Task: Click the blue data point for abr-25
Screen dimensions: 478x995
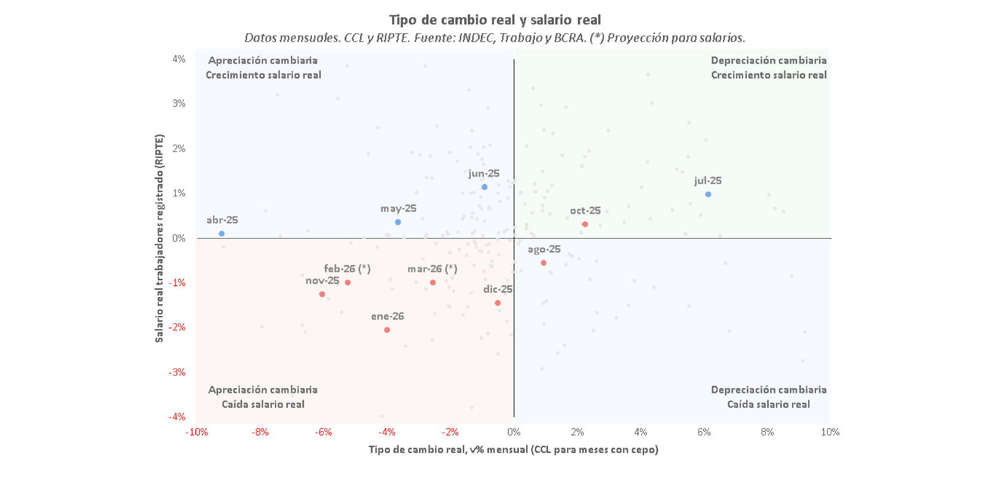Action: (x=221, y=234)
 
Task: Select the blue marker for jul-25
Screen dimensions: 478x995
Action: (x=708, y=195)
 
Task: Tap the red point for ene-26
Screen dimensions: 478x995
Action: (x=387, y=330)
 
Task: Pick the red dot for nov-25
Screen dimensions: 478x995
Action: (x=322, y=294)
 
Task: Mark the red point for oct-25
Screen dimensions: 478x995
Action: (x=585, y=224)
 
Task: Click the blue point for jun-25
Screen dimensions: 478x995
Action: (x=484, y=187)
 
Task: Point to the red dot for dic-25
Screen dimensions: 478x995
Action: (x=498, y=303)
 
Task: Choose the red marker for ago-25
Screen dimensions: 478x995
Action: (x=543, y=263)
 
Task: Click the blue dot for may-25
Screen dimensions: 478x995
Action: (x=398, y=222)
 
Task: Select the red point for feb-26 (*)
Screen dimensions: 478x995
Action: (x=348, y=282)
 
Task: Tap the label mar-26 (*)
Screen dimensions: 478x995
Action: (x=432, y=269)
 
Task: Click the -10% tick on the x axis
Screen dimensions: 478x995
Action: (x=196, y=432)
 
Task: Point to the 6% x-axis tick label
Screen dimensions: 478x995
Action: (x=704, y=432)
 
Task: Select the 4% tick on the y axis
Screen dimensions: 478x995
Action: (x=179, y=59)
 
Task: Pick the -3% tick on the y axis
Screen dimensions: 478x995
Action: (x=177, y=373)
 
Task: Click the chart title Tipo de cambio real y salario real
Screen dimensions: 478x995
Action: (x=495, y=20)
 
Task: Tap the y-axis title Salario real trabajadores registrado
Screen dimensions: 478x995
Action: (x=159, y=238)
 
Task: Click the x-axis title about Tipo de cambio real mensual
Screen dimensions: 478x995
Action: (x=513, y=449)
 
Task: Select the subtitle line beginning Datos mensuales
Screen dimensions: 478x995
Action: (x=495, y=38)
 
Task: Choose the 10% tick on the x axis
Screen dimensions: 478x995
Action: (x=830, y=432)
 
